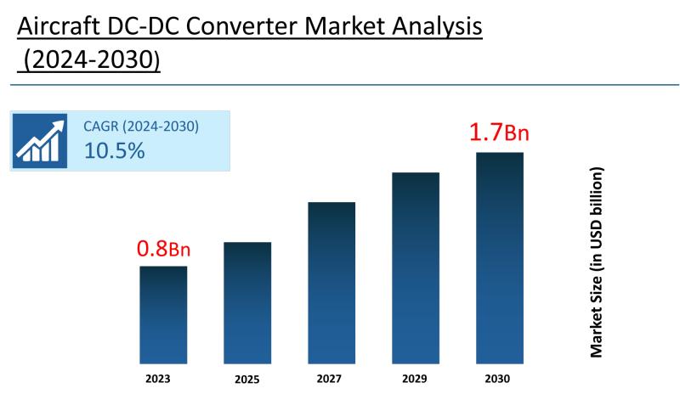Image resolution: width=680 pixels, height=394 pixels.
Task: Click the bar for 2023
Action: click(163, 314)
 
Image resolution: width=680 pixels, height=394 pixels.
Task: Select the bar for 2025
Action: click(247, 302)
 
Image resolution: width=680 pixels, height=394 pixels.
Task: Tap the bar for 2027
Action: click(331, 283)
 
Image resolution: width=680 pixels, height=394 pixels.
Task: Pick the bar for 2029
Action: click(416, 267)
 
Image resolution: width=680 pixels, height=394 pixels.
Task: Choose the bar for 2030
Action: click(499, 257)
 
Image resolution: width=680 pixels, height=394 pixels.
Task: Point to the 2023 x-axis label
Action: click(163, 378)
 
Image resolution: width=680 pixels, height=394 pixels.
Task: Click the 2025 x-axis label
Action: click(247, 379)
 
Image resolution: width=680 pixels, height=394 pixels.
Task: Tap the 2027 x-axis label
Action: click(331, 378)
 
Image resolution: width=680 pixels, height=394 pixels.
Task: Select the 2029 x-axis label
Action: click(416, 378)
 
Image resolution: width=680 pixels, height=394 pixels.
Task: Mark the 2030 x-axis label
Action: click(499, 378)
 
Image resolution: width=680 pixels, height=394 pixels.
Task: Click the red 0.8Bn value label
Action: click(163, 249)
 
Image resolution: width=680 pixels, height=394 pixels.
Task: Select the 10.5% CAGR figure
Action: click(114, 151)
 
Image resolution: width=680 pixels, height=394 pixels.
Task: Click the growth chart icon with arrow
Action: click(40, 140)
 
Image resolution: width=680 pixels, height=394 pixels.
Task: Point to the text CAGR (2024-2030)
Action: click(141, 127)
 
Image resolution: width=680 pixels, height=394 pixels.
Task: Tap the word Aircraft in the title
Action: click(59, 27)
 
